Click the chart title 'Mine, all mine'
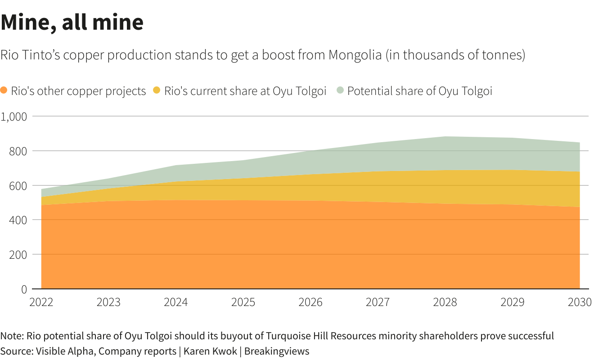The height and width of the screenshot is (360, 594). [x=72, y=22]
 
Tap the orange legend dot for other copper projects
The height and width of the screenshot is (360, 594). [x=4, y=90]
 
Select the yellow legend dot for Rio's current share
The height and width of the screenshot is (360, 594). [x=157, y=90]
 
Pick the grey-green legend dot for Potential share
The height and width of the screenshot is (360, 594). [x=340, y=90]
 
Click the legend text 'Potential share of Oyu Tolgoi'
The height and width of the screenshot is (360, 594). [x=419, y=91]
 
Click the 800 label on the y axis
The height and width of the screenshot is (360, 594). [x=18, y=151]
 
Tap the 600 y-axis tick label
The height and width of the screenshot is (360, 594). [x=18, y=185]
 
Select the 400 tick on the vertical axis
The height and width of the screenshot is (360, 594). [x=18, y=220]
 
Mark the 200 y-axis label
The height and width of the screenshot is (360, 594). [x=18, y=255]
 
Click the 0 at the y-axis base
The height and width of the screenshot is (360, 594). [x=24, y=289]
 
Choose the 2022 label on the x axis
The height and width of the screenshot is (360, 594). [x=41, y=302]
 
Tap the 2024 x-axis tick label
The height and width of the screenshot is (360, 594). [x=175, y=302]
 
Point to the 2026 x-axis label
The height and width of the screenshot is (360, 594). [x=310, y=302]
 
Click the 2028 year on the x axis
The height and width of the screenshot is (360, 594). [x=445, y=302]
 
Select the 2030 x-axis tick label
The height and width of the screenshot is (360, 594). [x=580, y=302]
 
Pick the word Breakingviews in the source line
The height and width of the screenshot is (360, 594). [x=277, y=351]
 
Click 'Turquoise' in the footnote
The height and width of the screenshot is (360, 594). [x=287, y=336]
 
